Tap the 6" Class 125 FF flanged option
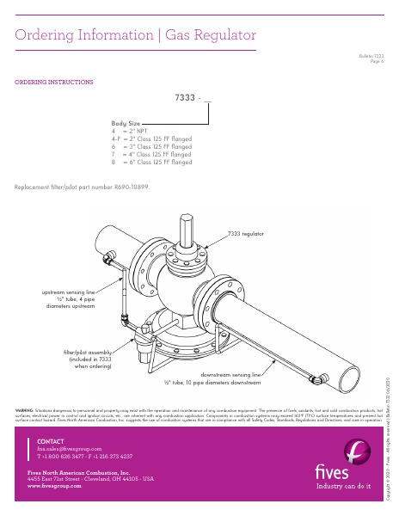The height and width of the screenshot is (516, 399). pyautogui.click(x=151, y=162)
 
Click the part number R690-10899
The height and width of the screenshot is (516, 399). pyautogui.click(x=132, y=187)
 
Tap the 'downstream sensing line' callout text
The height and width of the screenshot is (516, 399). pyautogui.click(x=230, y=375)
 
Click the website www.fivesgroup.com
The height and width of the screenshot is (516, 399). pyautogui.click(x=54, y=486)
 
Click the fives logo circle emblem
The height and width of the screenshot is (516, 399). pyautogui.click(x=355, y=451)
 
